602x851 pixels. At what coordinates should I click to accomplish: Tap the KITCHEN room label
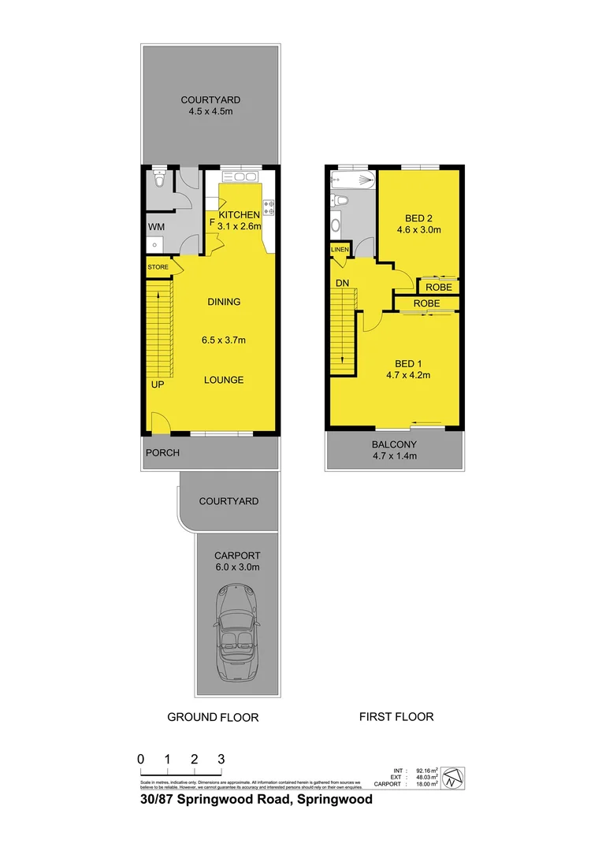pyautogui.click(x=239, y=215)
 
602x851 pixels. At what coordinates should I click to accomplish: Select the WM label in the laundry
pyautogui.click(x=156, y=228)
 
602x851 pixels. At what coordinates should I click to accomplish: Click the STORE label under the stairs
pyautogui.click(x=158, y=267)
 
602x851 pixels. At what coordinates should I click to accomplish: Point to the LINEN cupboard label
pyautogui.click(x=340, y=250)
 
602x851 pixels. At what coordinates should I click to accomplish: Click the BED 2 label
pyautogui.click(x=418, y=217)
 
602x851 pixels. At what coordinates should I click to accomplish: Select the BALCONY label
pyautogui.click(x=394, y=444)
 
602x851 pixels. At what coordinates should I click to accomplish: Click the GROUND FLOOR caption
pyautogui.click(x=213, y=717)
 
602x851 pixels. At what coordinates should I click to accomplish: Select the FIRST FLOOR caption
pyautogui.click(x=396, y=716)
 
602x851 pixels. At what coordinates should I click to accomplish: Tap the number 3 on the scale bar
pyautogui.click(x=221, y=759)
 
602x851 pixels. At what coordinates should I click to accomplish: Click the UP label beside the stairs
pyautogui.click(x=158, y=385)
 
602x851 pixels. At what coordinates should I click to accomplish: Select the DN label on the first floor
pyautogui.click(x=342, y=282)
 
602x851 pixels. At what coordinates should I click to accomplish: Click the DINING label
pyautogui.click(x=224, y=302)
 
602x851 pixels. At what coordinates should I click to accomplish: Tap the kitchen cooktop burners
pyautogui.click(x=269, y=208)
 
